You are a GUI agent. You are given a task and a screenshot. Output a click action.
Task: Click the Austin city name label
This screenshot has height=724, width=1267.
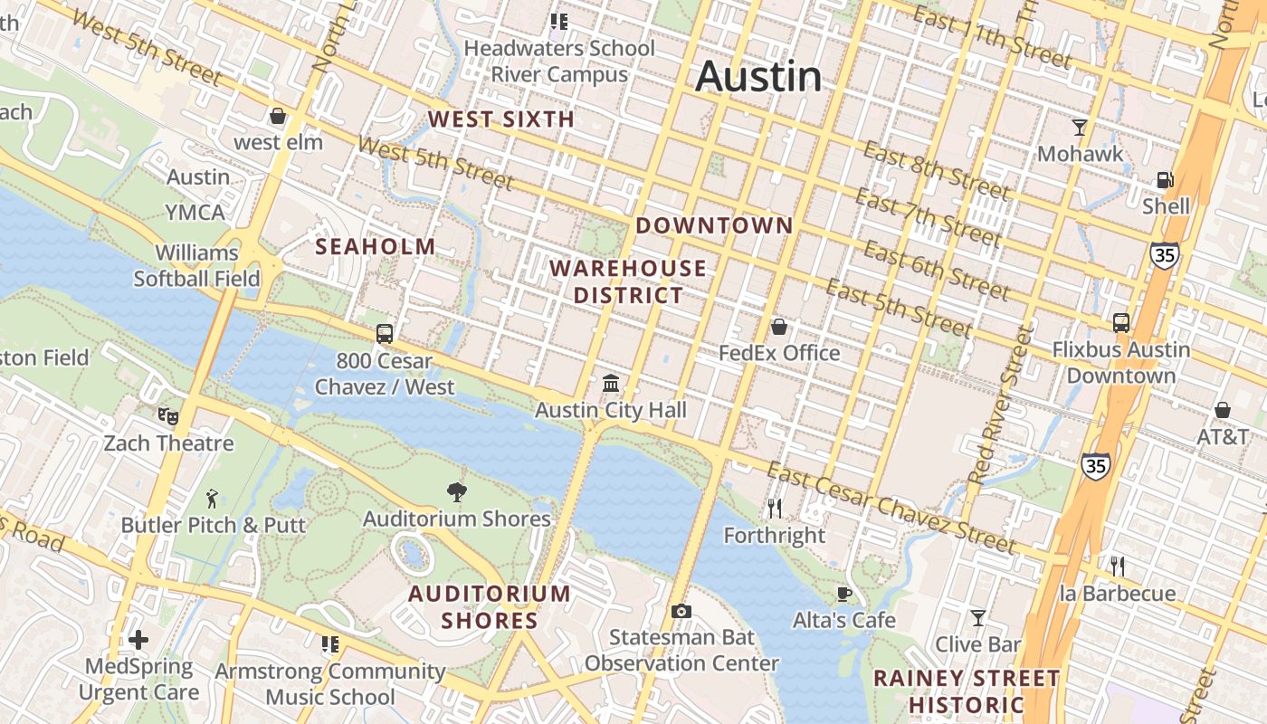(x=758, y=76)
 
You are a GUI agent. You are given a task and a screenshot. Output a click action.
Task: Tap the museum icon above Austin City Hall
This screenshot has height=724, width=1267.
(x=611, y=384)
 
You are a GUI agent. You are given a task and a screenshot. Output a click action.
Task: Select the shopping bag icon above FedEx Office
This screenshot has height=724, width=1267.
(x=778, y=326)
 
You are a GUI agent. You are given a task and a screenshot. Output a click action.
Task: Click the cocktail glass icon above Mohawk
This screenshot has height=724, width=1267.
(x=1079, y=127)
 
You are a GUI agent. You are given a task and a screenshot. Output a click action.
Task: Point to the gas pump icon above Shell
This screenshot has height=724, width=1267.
(x=1166, y=179)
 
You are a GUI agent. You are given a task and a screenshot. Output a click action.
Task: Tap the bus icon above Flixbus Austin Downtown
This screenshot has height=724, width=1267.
(x=1120, y=322)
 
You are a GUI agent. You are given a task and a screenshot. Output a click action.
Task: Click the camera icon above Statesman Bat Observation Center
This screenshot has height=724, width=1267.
(x=681, y=612)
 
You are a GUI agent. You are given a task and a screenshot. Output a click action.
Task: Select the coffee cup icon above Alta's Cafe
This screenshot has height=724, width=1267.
(x=843, y=594)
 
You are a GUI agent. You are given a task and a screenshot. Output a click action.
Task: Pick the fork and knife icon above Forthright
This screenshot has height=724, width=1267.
(x=774, y=509)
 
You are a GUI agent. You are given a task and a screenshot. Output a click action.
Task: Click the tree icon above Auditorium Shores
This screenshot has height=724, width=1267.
(x=457, y=491)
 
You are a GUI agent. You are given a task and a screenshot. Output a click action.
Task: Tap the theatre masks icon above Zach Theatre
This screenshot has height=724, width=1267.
(x=167, y=416)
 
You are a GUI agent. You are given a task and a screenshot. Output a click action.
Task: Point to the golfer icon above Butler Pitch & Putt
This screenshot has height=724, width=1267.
(x=213, y=498)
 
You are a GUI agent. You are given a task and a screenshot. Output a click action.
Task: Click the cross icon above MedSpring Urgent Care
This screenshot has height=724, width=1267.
(x=138, y=640)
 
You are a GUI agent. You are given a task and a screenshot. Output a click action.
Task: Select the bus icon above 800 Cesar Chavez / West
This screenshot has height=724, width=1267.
(x=385, y=333)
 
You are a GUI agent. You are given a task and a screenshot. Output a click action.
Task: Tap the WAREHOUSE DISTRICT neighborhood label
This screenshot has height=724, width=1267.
(x=627, y=281)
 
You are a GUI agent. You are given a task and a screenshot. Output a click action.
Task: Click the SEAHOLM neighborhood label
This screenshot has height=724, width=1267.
(x=375, y=246)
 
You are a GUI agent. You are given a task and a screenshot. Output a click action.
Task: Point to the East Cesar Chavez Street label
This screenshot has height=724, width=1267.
(x=891, y=507)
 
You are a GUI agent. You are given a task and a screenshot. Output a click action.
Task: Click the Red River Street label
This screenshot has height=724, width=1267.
(x=999, y=405)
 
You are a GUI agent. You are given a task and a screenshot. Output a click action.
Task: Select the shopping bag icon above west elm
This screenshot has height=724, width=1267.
(x=278, y=116)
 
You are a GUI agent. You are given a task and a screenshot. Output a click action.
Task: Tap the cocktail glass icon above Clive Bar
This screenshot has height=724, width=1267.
(x=978, y=618)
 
